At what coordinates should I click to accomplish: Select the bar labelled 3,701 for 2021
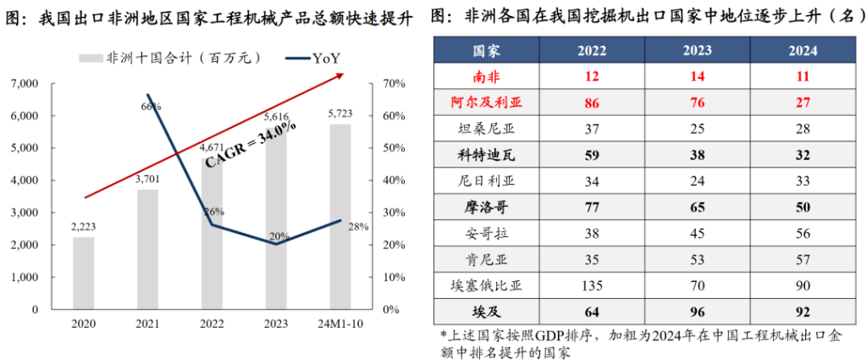[x=148, y=249]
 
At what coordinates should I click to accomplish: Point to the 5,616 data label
[x=276, y=118]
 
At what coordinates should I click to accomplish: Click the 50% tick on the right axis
[x=391, y=147]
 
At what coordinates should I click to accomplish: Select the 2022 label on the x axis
[x=212, y=325]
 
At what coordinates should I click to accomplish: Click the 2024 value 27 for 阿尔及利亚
[x=803, y=103]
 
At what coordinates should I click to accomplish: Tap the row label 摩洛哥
[x=484, y=208]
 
